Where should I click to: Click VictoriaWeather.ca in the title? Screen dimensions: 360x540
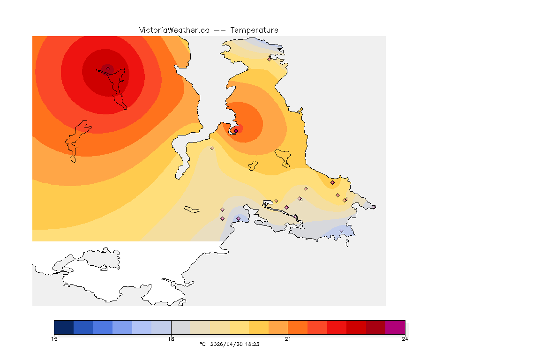pyautogui.click(x=174, y=30)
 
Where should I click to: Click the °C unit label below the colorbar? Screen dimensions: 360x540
pyautogui.click(x=202, y=344)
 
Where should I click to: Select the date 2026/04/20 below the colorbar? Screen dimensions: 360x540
pyautogui.click(x=227, y=344)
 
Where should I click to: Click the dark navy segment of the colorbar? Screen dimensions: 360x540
pyautogui.click(x=64, y=327)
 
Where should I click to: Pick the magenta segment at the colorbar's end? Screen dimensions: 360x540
pyautogui.click(x=395, y=327)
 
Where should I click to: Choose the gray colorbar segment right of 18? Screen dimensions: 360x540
pyautogui.click(x=180, y=327)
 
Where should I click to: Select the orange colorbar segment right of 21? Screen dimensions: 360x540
pyautogui.click(x=298, y=327)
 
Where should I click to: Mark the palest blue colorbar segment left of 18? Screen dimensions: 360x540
pyautogui.click(x=161, y=327)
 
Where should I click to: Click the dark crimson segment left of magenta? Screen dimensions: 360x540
pyautogui.click(x=375, y=327)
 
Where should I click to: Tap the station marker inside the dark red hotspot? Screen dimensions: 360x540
pyautogui.click(x=108, y=68)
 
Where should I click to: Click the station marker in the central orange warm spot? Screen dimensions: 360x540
pyautogui.click(x=236, y=131)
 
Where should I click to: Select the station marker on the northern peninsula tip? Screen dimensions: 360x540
pyautogui.click(x=269, y=59)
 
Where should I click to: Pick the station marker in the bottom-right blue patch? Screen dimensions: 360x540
pyautogui.click(x=341, y=231)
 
